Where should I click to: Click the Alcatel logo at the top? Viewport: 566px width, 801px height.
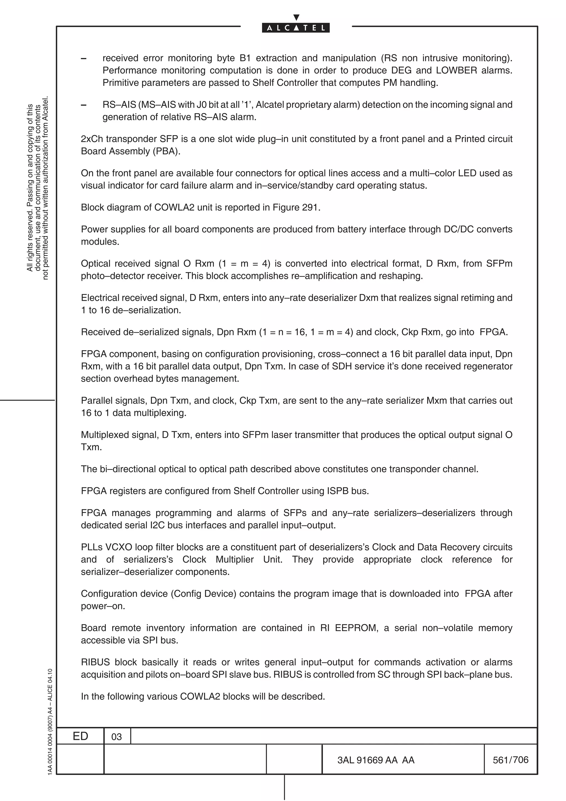(296, 28)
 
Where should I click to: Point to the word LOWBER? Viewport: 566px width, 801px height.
(457, 70)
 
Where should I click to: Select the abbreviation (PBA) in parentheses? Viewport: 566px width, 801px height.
(166, 151)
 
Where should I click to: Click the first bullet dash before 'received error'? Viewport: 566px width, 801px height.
(84, 59)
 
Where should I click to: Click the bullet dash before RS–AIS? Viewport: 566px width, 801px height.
(84, 105)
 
